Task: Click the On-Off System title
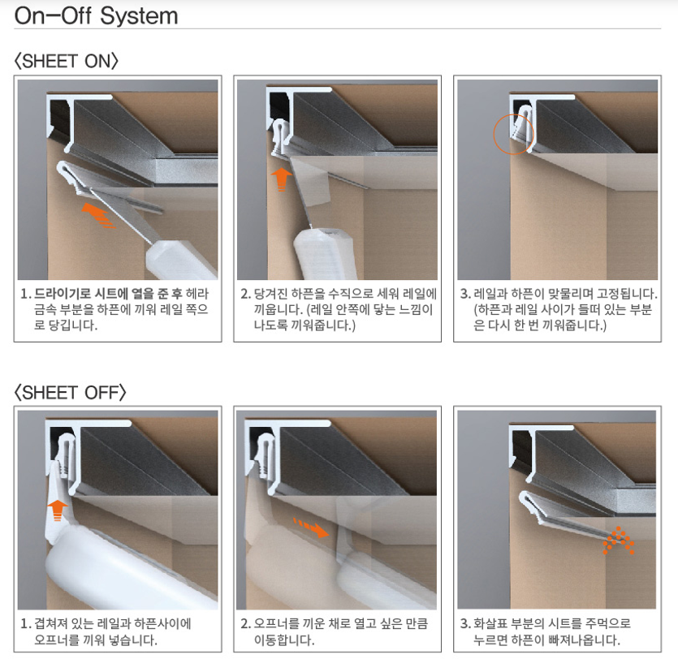(x=96, y=16)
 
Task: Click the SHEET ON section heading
(x=66, y=61)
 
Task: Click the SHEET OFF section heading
(x=71, y=392)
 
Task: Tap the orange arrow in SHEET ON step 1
(x=98, y=214)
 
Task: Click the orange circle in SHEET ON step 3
(x=514, y=134)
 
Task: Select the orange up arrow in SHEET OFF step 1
(x=58, y=510)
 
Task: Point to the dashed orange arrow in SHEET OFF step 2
(x=311, y=528)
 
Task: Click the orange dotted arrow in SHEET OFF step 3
(x=619, y=541)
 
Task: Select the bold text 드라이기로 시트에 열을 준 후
(x=108, y=294)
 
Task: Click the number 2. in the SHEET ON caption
(x=245, y=295)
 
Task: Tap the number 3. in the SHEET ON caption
(x=465, y=295)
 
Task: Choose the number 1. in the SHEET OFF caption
(x=25, y=624)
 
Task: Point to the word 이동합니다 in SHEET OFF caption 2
(x=283, y=640)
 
